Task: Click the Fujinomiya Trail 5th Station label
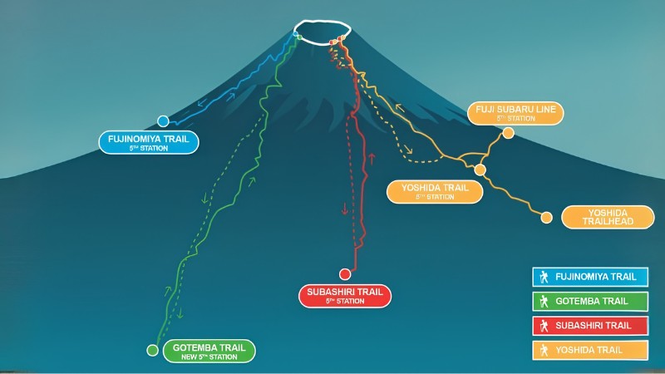[x=149, y=142]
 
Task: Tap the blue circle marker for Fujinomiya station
[x=163, y=121]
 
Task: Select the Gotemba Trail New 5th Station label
[x=209, y=351]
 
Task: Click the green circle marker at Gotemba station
[x=152, y=350]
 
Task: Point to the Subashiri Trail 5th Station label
[x=345, y=296]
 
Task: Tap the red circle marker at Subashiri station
[x=345, y=274]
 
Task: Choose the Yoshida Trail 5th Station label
[x=435, y=192]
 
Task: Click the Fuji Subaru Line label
[x=515, y=113]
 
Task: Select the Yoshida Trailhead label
[x=608, y=217]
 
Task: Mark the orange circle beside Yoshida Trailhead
[x=547, y=218]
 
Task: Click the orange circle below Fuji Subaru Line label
[x=508, y=133]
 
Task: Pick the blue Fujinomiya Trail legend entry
[x=590, y=277]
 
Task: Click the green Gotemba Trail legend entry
[x=590, y=302]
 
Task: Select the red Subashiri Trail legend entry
[x=590, y=326]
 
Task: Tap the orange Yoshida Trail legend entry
[x=590, y=350]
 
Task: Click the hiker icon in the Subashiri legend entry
[x=544, y=326]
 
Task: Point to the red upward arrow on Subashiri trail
[x=372, y=159]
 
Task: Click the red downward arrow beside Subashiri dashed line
[x=345, y=209]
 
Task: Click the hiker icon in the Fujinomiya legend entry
[x=544, y=277]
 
